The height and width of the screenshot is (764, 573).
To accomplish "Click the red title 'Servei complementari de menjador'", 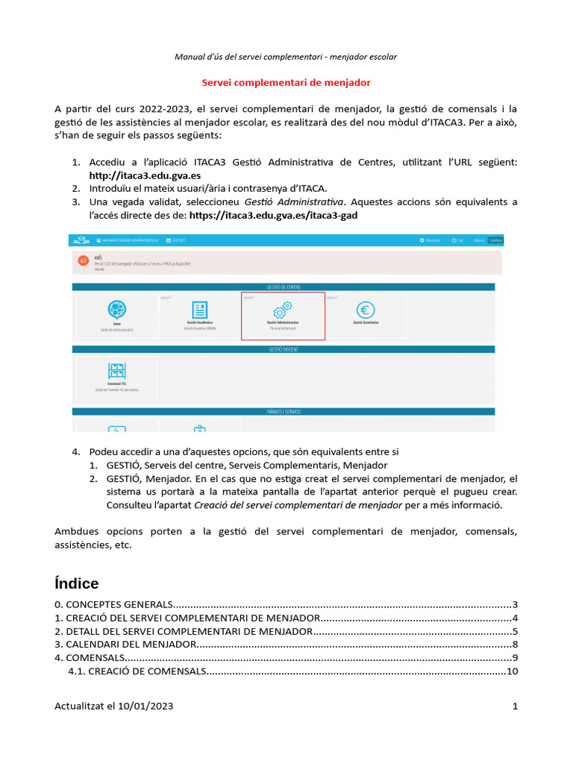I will click(286, 82).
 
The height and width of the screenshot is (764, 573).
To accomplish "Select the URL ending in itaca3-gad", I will click(279, 215).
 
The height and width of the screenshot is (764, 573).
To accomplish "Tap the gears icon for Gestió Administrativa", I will click(283, 310).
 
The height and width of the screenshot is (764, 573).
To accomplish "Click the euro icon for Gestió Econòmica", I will click(366, 310).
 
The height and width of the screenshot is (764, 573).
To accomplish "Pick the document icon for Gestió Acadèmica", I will click(200, 310).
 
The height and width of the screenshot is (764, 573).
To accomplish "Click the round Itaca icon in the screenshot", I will click(116, 310).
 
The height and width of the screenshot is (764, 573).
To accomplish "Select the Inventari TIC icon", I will click(116, 371).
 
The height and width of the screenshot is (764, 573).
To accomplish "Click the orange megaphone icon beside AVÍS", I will click(83, 260).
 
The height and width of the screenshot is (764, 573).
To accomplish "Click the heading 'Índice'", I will click(76, 583).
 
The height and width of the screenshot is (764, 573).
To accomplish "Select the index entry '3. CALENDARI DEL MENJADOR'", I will click(126, 644).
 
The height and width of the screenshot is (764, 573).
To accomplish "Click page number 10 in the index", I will click(512, 671).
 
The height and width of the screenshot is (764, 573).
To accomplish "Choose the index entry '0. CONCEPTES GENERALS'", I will click(114, 604).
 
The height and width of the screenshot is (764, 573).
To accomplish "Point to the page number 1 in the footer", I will click(515, 706).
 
